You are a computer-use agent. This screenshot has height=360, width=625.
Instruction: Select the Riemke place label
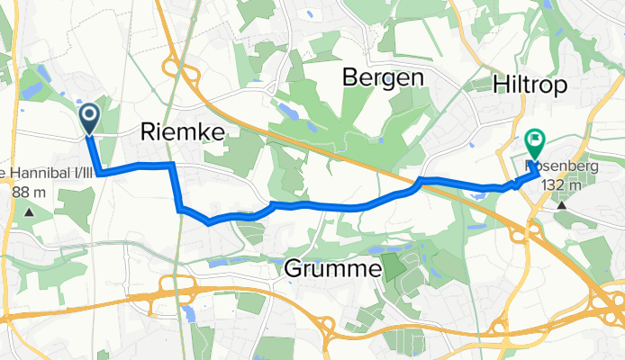tap(183, 132)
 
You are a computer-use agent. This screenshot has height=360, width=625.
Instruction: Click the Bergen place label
tap(383, 78)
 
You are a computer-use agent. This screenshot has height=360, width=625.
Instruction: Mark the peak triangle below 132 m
tap(562, 204)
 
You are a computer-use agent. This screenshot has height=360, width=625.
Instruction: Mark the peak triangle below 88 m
tap(29, 211)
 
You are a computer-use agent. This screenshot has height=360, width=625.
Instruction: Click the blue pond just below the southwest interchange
tap(188, 314)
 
